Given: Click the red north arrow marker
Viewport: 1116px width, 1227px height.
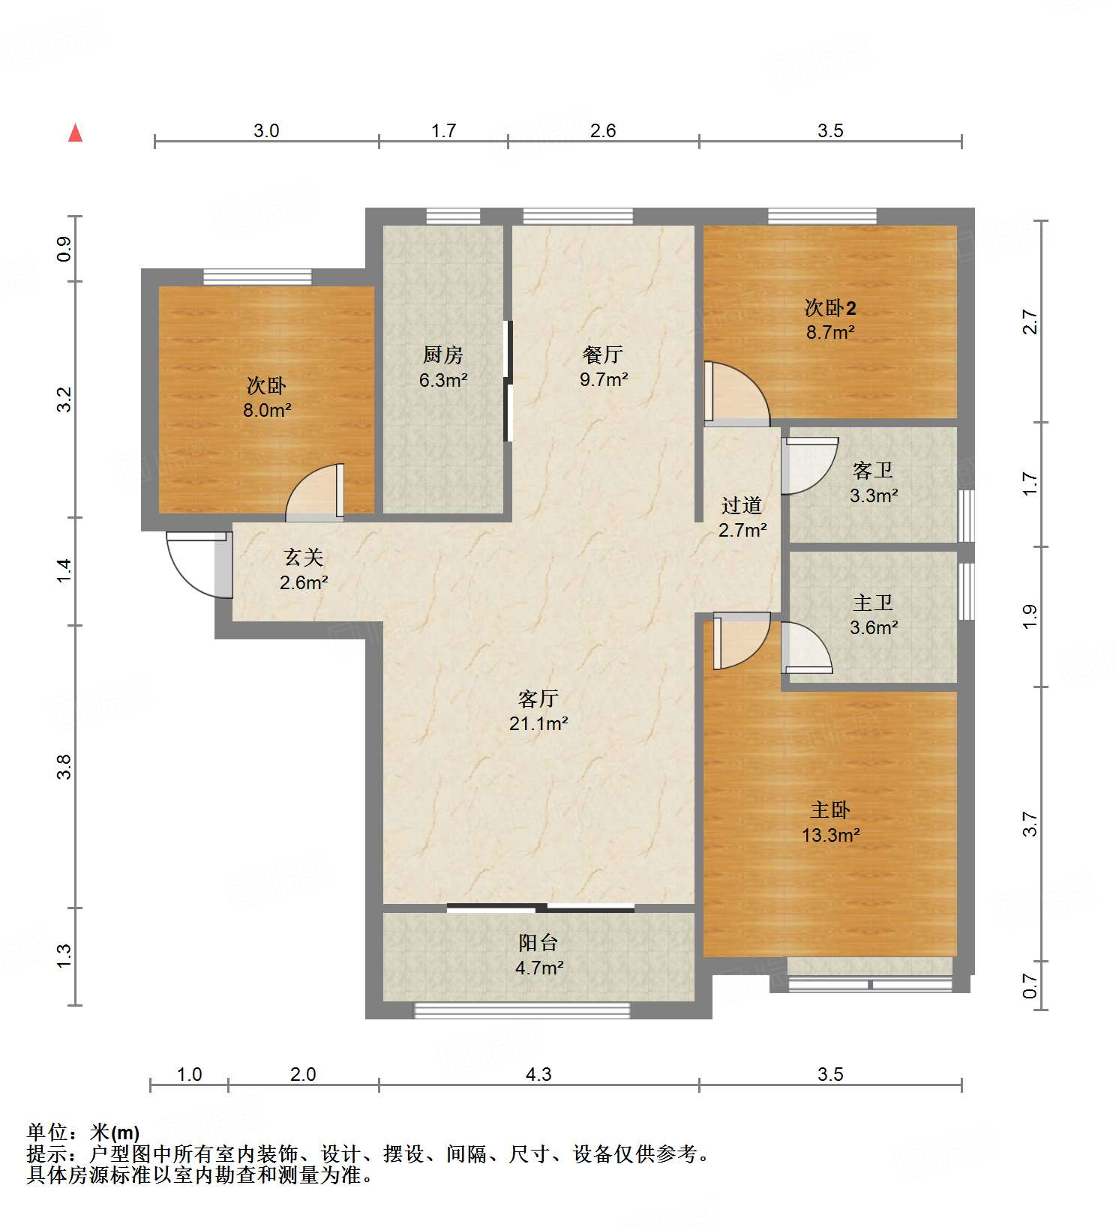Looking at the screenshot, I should point(75,133).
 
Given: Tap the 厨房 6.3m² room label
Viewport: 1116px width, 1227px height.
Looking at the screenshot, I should point(443,367).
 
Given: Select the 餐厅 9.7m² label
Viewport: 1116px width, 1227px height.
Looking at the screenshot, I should point(603,367).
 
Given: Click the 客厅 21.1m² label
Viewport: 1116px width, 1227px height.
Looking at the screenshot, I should point(538,711).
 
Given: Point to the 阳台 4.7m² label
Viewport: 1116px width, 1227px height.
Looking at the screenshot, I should point(538,955).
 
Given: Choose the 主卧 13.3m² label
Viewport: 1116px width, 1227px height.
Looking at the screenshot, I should point(830,822).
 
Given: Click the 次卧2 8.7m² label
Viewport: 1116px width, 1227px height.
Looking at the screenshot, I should point(830,319).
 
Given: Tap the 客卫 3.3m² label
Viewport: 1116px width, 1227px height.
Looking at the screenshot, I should point(873,483).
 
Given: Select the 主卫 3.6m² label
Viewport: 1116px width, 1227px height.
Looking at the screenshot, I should point(873,615).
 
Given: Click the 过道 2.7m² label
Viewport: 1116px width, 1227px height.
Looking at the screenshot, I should point(742,518).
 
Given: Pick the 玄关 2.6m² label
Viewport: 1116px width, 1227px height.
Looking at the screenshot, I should point(304,570).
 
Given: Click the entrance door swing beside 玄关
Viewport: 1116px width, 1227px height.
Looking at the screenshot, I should point(196,564).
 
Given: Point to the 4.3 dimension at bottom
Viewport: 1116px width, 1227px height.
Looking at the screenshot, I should point(538,1074).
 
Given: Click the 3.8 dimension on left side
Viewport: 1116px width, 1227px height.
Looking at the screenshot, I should point(64,766).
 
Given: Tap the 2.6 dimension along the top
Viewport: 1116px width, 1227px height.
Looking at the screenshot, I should point(602,131).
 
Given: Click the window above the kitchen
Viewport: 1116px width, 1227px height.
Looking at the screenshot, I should point(453,217).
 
